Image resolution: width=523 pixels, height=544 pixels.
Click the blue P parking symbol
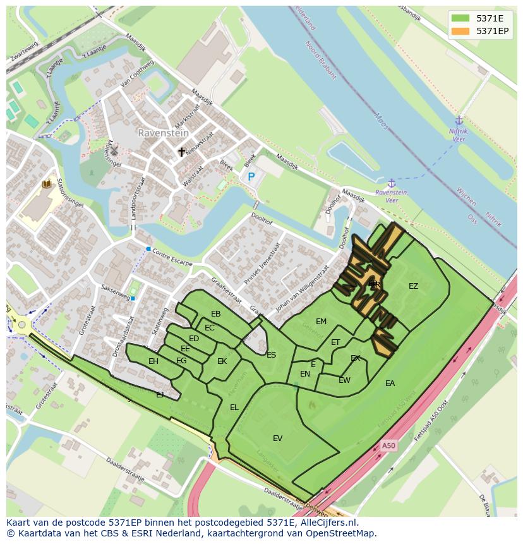tap(251, 178)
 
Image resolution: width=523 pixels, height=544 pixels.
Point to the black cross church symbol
tap(182, 152)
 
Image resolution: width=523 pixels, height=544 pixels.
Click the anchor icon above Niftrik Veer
tap(459, 121)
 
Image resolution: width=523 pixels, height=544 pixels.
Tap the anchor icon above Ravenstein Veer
tap(391, 183)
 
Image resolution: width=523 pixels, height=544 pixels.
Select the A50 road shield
tap(388, 445)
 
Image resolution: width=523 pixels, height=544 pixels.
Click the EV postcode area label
tap(277, 438)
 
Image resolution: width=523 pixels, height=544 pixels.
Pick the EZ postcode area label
tap(413, 286)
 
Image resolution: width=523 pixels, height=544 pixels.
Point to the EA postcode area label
tap(390, 383)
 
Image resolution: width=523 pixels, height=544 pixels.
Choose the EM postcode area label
tap(321, 322)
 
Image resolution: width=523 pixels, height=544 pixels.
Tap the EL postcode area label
tap(234, 407)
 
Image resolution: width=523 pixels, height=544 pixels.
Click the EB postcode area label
tap(215, 314)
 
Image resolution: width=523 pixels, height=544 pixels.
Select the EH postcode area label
tap(153, 361)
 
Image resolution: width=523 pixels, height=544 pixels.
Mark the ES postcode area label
tap(271, 354)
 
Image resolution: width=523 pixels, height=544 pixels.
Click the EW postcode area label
tap(344, 380)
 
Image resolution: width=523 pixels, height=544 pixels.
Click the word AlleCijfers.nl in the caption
tap(328, 523)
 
